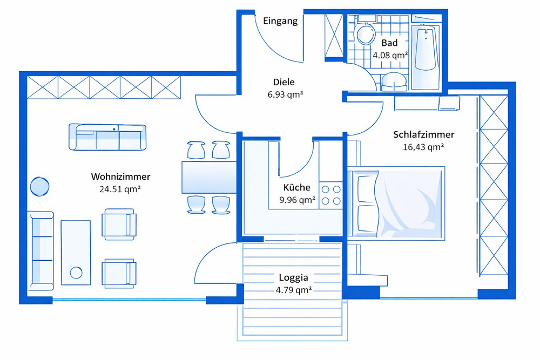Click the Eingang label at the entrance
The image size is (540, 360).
[280, 22]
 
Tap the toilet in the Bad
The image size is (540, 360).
[367, 34]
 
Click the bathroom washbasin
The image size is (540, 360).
[395, 81]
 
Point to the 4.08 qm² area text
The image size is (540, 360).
[390, 55]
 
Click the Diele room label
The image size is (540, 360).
[283, 82]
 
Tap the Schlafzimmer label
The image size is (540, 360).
[423, 134]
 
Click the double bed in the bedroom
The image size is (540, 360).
[397, 202]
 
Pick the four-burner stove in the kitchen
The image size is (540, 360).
[331, 195]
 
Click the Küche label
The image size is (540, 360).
[296, 188]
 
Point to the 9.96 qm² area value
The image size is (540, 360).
[296, 200]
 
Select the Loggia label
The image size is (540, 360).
[293, 277]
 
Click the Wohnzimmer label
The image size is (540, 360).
[120, 176]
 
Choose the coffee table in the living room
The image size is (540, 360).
[76, 252]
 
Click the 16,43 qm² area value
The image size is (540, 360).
[423, 146]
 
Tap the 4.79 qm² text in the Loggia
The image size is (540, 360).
[293, 289]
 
